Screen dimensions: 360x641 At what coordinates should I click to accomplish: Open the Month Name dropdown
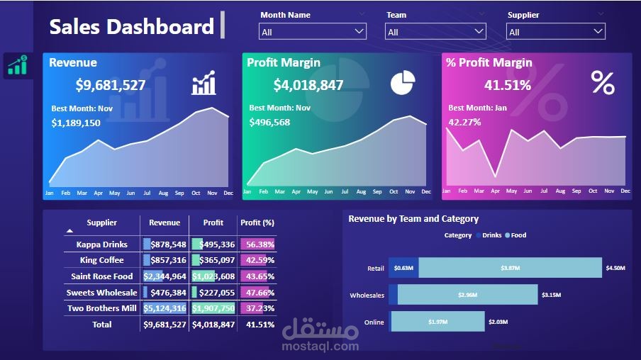313,32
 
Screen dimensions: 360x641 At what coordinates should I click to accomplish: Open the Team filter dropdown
435,32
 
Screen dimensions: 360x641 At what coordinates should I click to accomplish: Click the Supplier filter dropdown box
555,32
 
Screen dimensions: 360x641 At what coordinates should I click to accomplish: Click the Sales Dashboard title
131,27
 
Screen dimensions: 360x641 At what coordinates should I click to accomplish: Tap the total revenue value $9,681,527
111,86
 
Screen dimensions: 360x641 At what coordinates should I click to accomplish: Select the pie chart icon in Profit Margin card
402,82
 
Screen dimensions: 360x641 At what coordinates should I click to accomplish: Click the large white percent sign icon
603,84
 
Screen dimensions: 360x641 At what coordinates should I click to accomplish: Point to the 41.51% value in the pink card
507,86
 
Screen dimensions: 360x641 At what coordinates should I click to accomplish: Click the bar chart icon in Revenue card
204,83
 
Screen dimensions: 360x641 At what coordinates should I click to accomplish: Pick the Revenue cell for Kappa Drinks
165,244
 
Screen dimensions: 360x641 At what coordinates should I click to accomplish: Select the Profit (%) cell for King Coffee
257,260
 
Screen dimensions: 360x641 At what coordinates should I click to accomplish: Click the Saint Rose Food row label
101,276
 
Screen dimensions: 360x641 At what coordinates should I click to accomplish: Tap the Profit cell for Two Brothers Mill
213,308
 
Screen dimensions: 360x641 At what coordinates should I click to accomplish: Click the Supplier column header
101,223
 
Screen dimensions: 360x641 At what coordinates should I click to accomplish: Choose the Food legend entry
518,235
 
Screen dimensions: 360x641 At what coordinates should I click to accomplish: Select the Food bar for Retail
509,268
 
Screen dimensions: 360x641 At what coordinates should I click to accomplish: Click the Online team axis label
374,322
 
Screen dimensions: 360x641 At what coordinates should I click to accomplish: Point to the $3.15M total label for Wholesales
551,295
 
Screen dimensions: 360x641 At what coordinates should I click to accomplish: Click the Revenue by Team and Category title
413,219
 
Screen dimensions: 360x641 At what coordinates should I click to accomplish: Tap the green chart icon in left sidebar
17,66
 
